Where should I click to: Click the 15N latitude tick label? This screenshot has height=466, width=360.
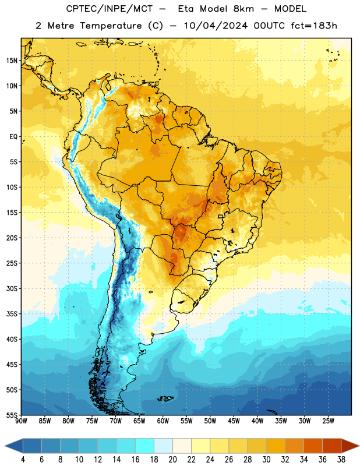click(12, 61)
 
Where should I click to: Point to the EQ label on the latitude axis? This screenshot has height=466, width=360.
click(13, 137)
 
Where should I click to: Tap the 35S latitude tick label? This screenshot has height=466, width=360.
click(12, 314)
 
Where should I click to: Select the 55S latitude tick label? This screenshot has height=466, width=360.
click(12, 415)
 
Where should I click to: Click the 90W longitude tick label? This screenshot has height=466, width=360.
click(21, 421)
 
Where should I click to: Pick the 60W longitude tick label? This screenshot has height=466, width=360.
click(163, 421)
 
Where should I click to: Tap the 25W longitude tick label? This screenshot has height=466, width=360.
click(328, 421)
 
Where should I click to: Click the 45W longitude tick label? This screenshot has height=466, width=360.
click(234, 421)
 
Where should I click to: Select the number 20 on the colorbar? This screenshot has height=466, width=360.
click(172, 460)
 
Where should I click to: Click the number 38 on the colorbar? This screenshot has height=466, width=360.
click(341, 460)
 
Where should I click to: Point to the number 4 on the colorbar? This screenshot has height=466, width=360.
click(23, 460)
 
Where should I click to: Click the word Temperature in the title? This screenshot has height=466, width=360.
click(111, 26)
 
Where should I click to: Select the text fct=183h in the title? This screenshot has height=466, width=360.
click(314, 26)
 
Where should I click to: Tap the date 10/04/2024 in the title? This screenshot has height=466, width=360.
click(216, 26)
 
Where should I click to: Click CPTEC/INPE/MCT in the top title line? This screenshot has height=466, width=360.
click(109, 9)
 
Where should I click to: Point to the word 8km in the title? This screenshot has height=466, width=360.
click(243, 9)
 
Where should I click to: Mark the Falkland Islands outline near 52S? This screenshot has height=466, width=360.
click(165, 398)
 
